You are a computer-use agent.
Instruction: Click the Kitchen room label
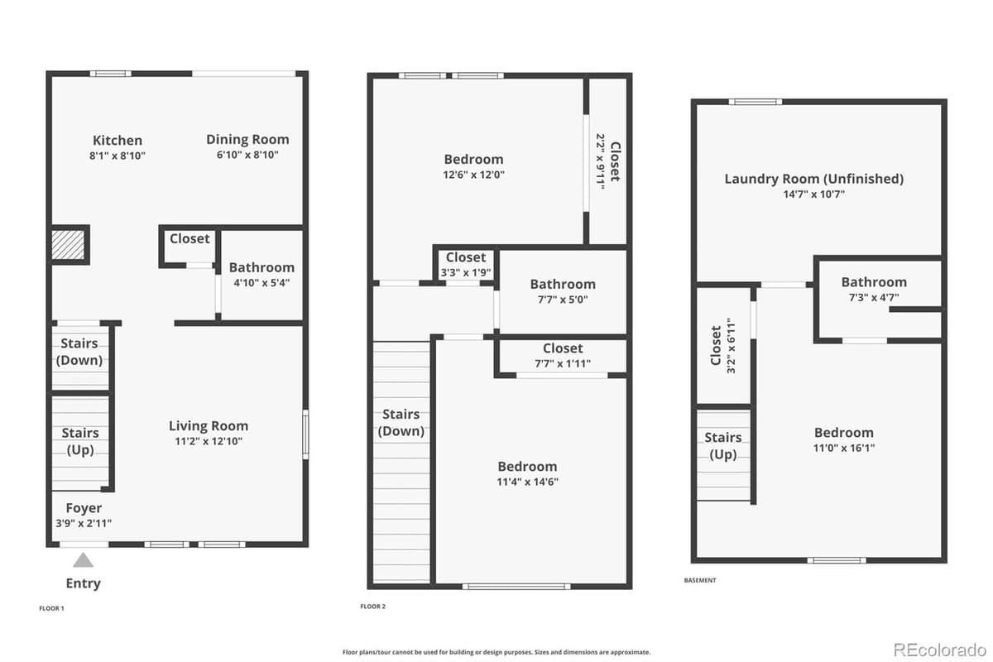click(118, 141)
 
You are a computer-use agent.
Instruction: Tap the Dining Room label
click(247, 140)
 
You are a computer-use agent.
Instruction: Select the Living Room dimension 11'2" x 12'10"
click(209, 441)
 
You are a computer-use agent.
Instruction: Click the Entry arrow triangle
click(83, 560)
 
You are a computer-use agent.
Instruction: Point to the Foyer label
click(83, 508)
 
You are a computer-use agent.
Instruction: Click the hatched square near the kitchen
click(69, 245)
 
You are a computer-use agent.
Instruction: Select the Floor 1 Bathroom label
click(261, 267)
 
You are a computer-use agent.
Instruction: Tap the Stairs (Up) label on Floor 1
click(80, 441)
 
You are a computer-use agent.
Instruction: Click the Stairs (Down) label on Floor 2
click(401, 422)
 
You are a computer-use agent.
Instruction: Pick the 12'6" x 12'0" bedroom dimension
click(473, 175)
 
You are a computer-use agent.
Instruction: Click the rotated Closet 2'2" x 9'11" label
click(607, 162)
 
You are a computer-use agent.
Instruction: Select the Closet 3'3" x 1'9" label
click(466, 265)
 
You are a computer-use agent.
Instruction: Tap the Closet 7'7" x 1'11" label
click(563, 355)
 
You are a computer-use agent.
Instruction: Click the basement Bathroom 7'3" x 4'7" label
click(874, 289)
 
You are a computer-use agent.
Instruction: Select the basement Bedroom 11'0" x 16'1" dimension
click(843, 448)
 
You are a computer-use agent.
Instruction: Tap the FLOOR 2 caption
click(372, 607)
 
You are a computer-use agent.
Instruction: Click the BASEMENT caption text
click(700, 580)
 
